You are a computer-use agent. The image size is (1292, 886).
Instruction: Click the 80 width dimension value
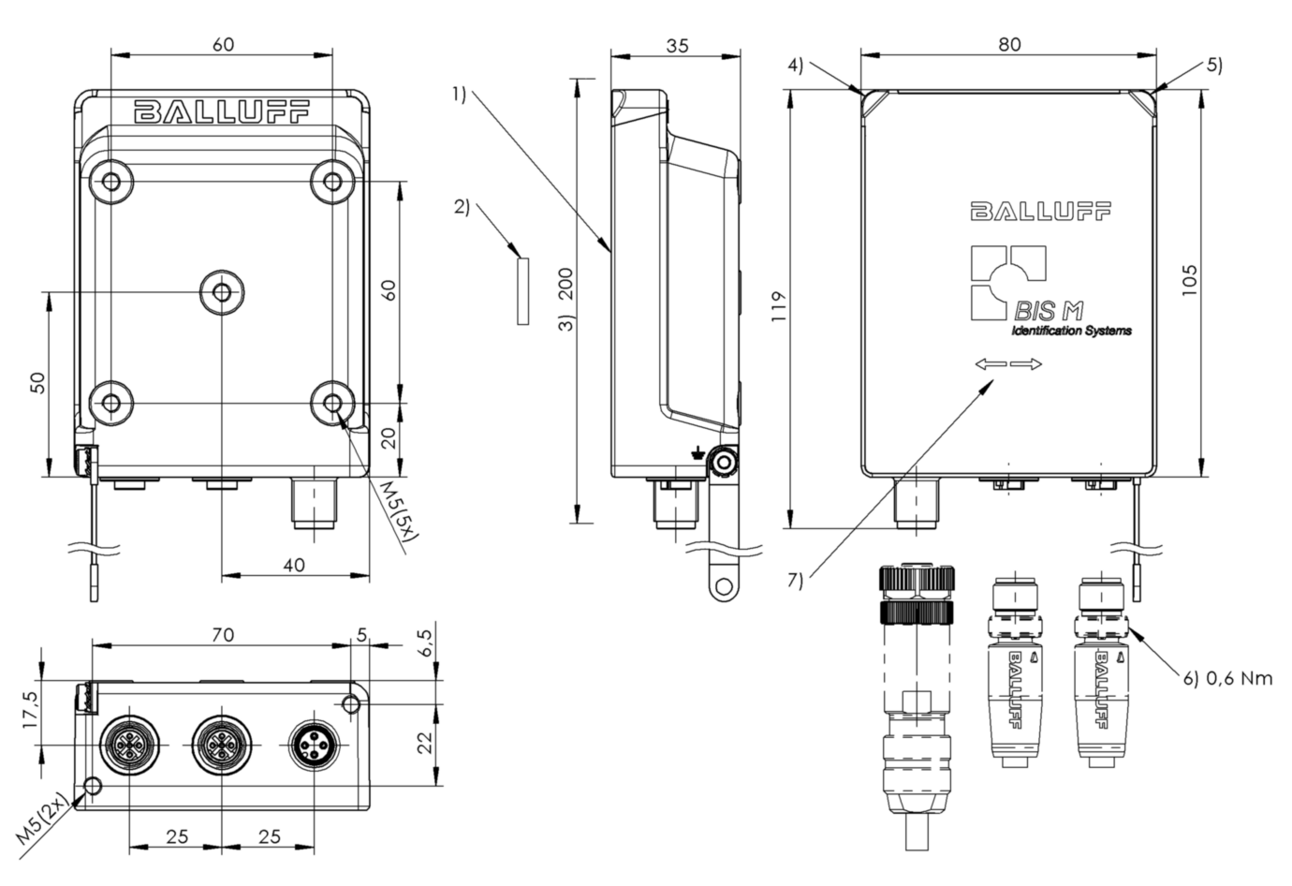1009,44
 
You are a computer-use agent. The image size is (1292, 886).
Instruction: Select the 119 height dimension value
778,307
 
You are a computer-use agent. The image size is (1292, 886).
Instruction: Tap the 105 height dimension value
1189,280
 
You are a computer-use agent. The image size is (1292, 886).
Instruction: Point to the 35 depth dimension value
677,46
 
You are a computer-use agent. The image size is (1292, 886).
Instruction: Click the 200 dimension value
567,284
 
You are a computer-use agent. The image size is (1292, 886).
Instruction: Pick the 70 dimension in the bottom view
223,634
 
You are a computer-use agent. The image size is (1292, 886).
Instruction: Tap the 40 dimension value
294,565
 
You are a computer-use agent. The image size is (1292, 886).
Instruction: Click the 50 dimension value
37,382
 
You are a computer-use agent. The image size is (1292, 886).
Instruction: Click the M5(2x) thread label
42,818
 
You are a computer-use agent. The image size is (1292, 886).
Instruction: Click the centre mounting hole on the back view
222,293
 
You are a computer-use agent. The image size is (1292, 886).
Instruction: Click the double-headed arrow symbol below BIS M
1008,364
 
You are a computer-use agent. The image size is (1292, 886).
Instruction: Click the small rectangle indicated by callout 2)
522,291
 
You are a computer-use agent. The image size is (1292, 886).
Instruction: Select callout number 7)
795,580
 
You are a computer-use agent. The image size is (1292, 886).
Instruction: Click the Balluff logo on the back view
222,111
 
